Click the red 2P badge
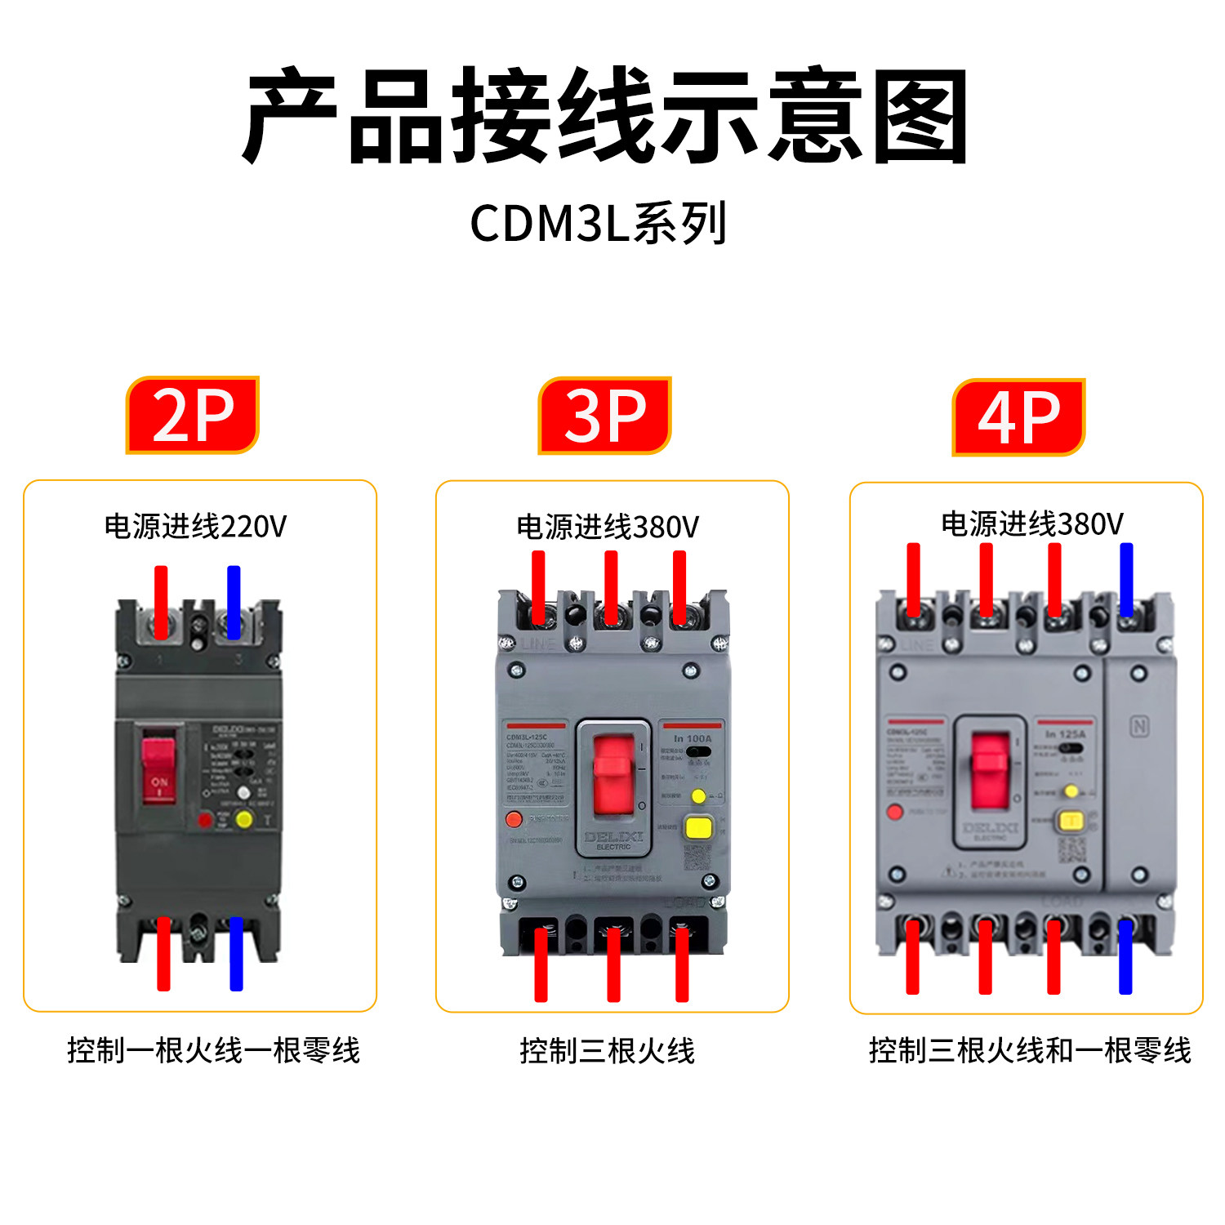(x=193, y=415)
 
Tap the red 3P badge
(x=604, y=415)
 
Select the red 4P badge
(x=1018, y=416)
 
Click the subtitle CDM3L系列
(x=598, y=223)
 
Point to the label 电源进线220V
(x=196, y=527)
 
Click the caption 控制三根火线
(x=607, y=1051)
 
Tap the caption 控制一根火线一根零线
(x=213, y=1050)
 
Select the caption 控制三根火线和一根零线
(x=1030, y=1050)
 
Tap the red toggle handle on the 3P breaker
(x=613, y=773)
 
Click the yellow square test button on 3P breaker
(x=698, y=826)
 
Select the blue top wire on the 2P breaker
(x=234, y=602)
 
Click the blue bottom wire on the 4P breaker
(x=1125, y=956)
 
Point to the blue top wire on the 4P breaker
(x=1126, y=580)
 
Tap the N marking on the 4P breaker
(x=1139, y=726)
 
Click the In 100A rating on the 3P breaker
(x=693, y=738)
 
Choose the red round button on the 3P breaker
(x=514, y=818)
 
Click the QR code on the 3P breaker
(x=697, y=857)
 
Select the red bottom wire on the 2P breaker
(x=163, y=954)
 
